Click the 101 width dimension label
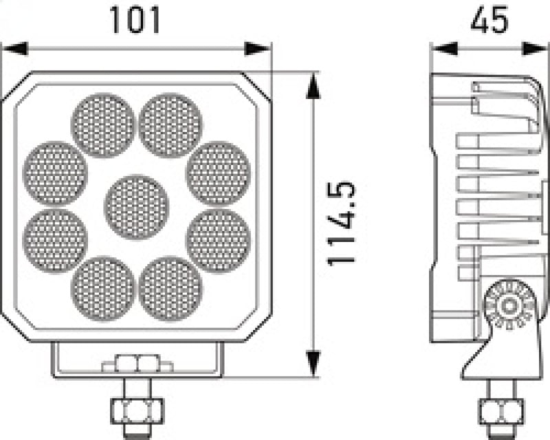pos(135,21)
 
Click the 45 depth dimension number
pos(489,21)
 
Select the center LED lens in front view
pos(137,207)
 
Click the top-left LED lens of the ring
pos(102,125)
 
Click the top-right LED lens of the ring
pos(170,125)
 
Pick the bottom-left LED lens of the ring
pos(102,288)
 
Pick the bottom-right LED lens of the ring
pos(170,288)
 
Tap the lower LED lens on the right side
pos(218,241)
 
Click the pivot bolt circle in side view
pos(509,307)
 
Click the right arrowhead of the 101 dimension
pos(259,49)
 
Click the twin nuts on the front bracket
pos(137,362)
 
